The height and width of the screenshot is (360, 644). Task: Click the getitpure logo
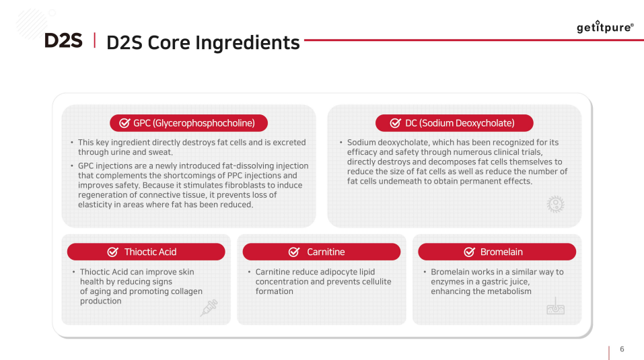click(x=605, y=27)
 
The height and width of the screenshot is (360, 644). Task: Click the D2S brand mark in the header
click(x=63, y=40)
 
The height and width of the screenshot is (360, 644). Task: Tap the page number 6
click(x=622, y=349)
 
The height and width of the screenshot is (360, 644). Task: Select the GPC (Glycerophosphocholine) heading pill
click(x=188, y=123)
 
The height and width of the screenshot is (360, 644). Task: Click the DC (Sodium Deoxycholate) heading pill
click(x=454, y=123)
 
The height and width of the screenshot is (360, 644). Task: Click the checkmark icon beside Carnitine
click(x=294, y=252)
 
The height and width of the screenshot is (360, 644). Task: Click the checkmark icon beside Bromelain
click(x=470, y=252)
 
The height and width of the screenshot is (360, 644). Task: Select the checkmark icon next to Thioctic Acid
click(x=113, y=252)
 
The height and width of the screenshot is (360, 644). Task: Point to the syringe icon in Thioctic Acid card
click(x=209, y=308)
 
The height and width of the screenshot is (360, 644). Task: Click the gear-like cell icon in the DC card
click(x=555, y=204)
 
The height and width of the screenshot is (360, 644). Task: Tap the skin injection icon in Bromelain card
click(x=555, y=305)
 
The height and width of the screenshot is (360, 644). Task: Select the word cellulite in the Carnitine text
click(x=374, y=281)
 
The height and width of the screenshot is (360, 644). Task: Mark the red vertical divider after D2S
click(x=95, y=40)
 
